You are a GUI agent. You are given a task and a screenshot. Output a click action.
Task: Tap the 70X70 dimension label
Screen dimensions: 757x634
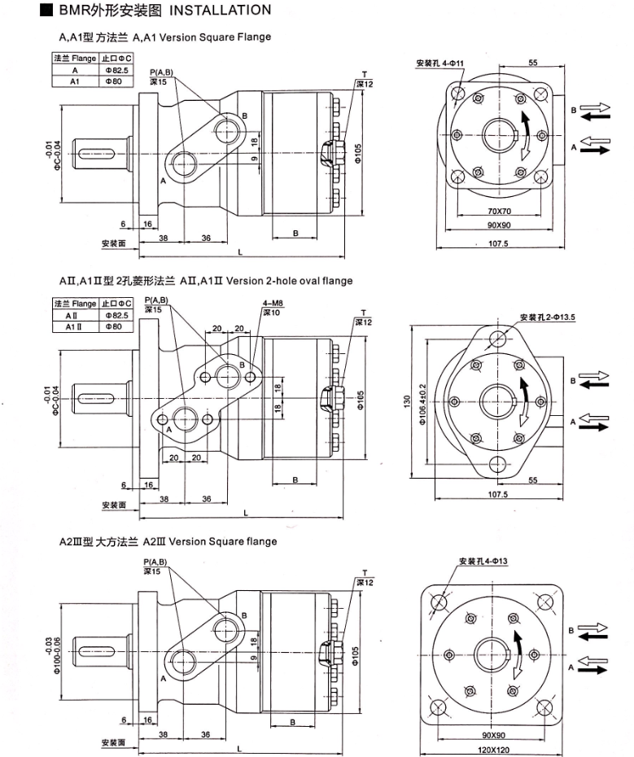[495, 212]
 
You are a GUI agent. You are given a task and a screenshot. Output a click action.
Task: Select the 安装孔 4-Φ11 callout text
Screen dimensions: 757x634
[439, 63]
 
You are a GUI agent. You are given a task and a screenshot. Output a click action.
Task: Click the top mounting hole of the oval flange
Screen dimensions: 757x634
[496, 337]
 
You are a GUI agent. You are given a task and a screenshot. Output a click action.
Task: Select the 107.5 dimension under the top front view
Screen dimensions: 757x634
[498, 243]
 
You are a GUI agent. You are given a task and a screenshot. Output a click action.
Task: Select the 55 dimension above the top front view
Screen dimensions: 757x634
[533, 63]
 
